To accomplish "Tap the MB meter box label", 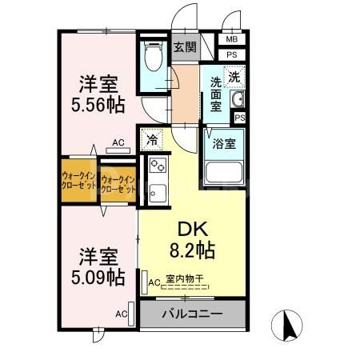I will click(232, 39).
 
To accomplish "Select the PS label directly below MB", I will click(232, 54).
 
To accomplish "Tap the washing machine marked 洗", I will click(234, 78).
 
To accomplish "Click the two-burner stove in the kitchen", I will click(158, 167).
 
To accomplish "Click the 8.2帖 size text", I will click(192, 250).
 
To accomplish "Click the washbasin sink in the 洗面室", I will click(237, 99).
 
